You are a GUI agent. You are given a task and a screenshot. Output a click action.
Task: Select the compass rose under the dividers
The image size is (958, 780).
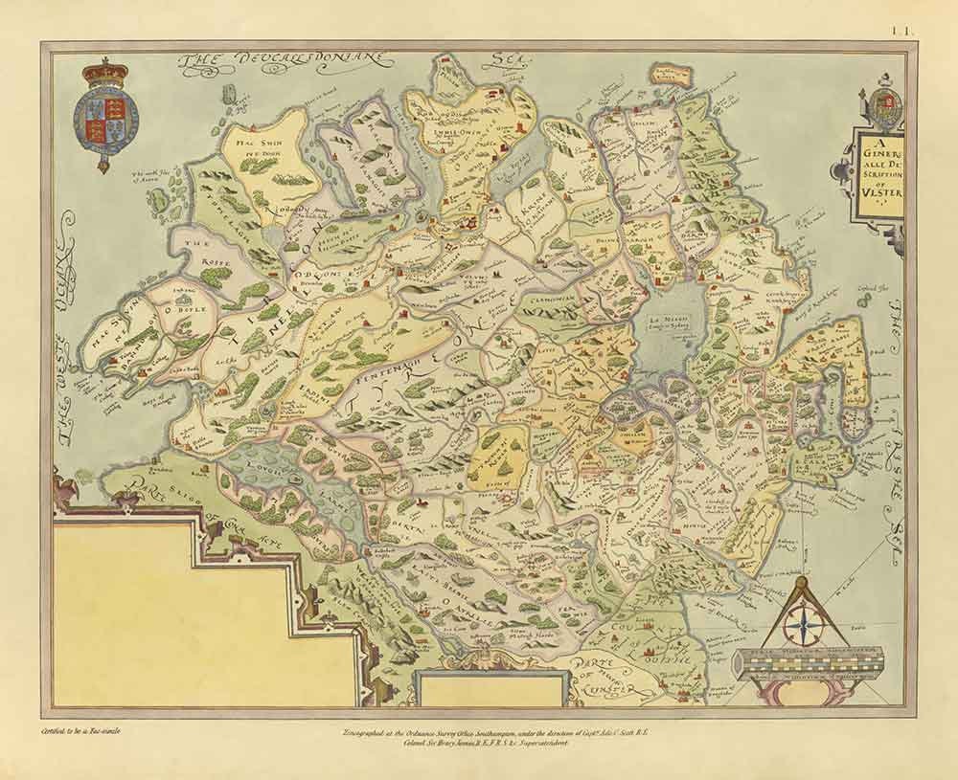coord(804,628)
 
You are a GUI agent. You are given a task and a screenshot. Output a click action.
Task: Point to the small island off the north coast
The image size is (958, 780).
coord(672,75)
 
